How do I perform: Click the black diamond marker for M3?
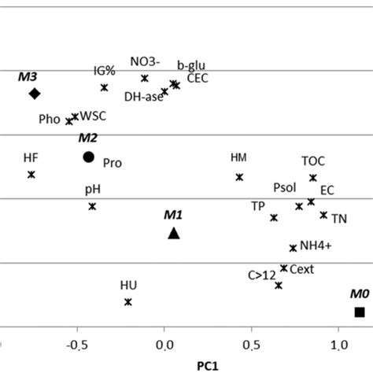click(x=34, y=94)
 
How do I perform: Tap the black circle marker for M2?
click(x=88, y=157)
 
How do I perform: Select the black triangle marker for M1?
click(x=174, y=232)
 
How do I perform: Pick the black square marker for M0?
click(x=360, y=312)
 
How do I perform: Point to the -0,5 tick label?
click(x=76, y=345)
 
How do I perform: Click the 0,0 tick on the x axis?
click(x=164, y=345)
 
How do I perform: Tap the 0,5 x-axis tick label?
click(x=251, y=345)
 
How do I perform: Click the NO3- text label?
click(x=145, y=62)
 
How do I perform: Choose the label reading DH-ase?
click(x=142, y=98)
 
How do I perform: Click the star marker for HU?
click(x=128, y=302)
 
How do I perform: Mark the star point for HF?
click(x=31, y=175)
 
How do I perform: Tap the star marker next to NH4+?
click(x=293, y=248)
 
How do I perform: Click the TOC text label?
click(x=313, y=161)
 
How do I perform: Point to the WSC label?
click(x=94, y=116)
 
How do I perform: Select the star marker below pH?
click(x=92, y=206)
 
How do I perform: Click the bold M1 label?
click(x=173, y=214)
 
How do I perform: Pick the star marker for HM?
click(x=239, y=177)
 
